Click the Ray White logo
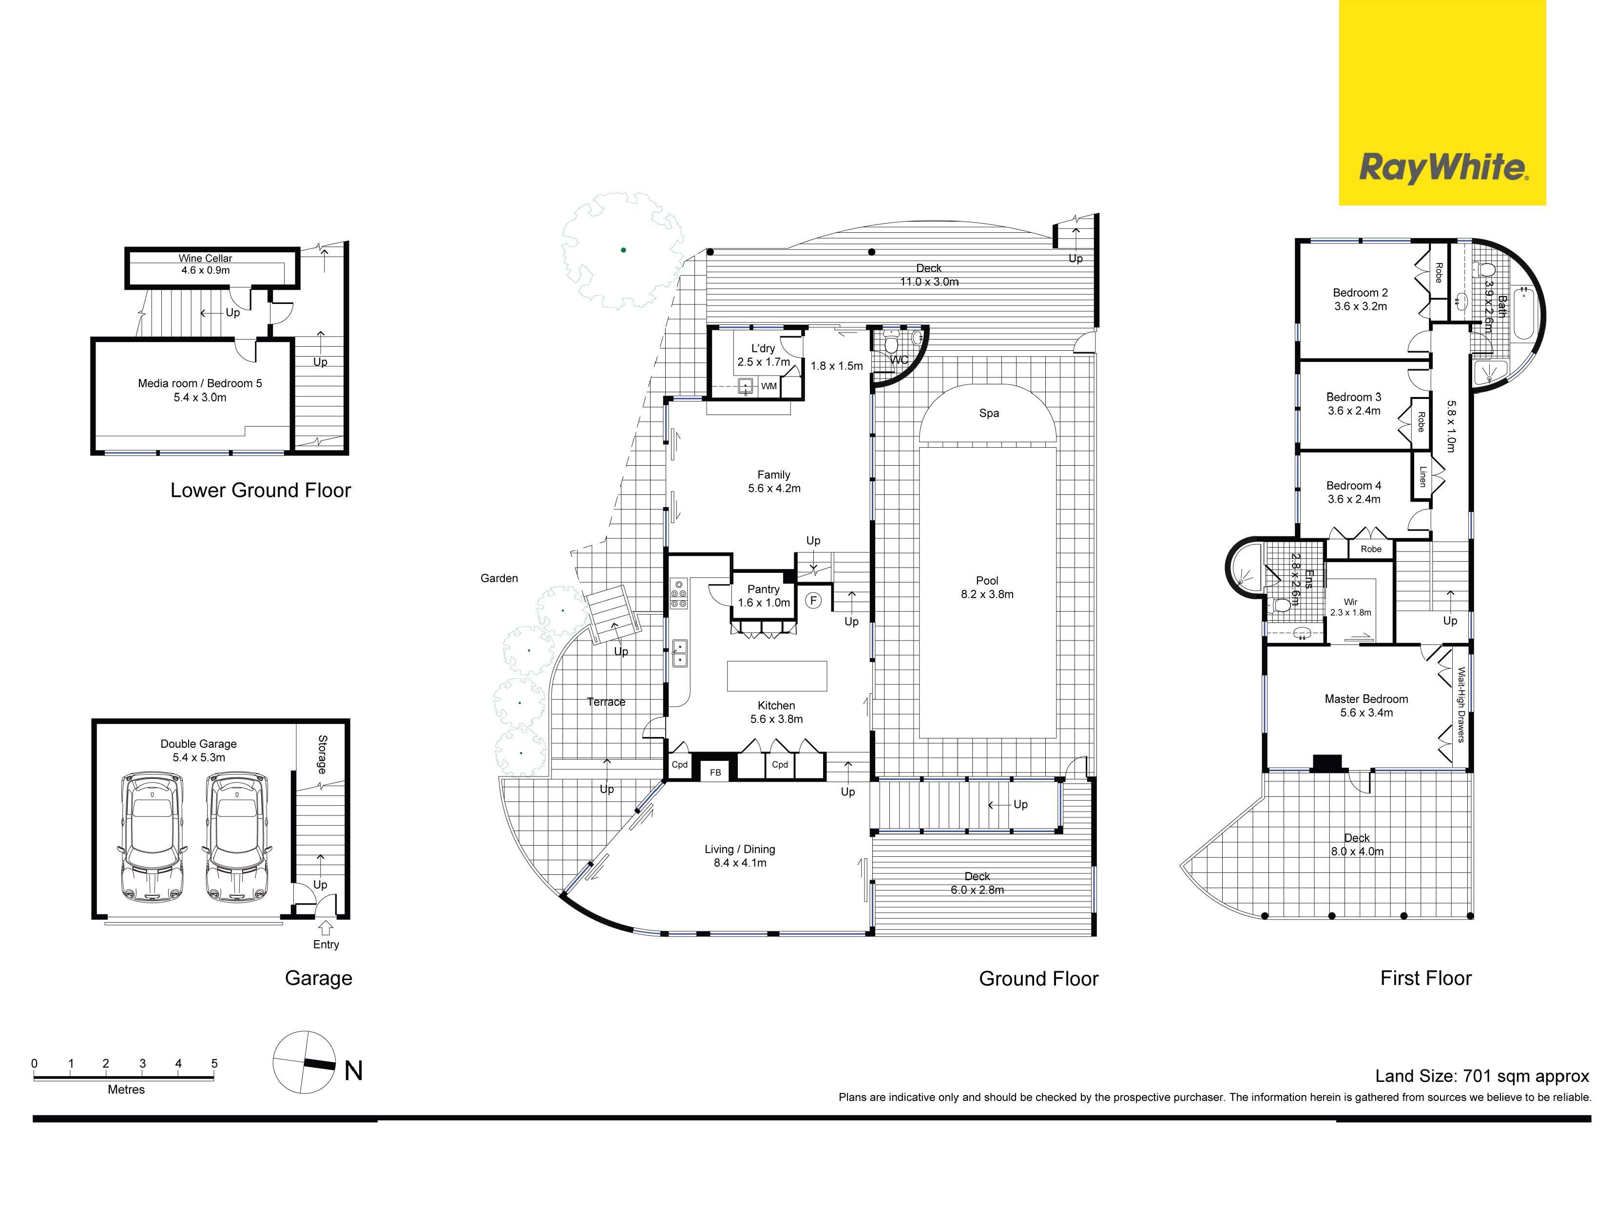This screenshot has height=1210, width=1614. (1442, 103)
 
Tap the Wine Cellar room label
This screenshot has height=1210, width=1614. (205, 264)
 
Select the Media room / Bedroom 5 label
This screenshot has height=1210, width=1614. (200, 390)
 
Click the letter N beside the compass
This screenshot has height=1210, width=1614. (353, 1071)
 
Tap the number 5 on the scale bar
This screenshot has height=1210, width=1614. (214, 1063)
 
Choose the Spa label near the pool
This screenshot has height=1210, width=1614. (989, 413)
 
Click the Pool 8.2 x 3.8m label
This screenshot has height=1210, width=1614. (987, 587)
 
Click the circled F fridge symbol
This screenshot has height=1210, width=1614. (813, 600)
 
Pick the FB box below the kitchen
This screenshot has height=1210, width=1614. (715, 772)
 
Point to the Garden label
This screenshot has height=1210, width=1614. (499, 578)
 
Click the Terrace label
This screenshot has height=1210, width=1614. (606, 701)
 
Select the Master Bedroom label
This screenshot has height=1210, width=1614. (1366, 705)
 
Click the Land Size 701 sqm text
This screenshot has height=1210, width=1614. (1482, 1076)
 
